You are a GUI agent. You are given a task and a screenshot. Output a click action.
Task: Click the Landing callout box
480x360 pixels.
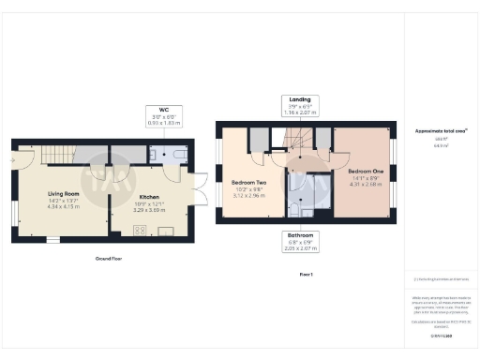click(301, 105)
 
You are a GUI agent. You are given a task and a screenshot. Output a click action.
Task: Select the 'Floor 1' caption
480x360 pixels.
click(305, 274)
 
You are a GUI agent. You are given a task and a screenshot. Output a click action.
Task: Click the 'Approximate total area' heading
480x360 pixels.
click(440, 130)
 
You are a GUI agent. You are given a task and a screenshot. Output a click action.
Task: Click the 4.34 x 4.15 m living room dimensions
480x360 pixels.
click(64, 205)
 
